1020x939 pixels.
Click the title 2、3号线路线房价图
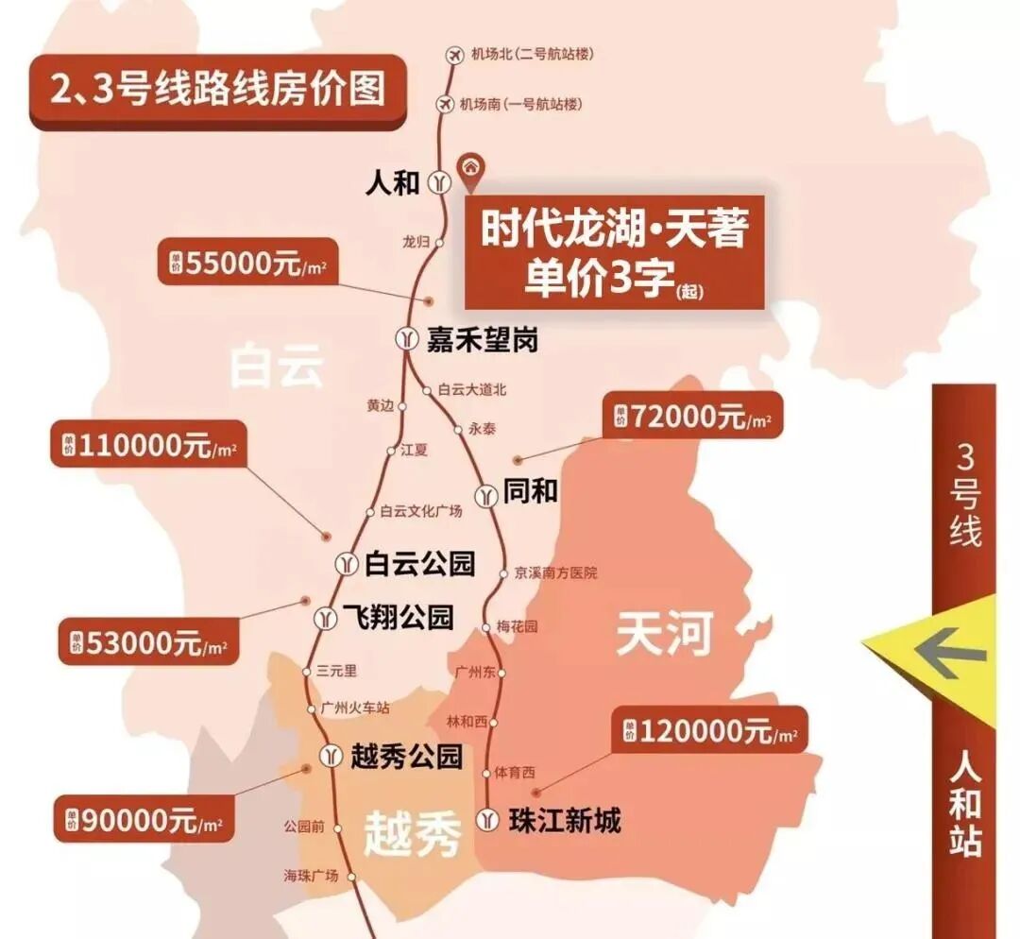[x=218, y=92]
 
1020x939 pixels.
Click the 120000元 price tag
[x=709, y=731]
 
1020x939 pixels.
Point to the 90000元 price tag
[x=144, y=820]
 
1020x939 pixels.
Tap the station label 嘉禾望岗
[x=482, y=339]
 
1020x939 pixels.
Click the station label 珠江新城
[x=564, y=820]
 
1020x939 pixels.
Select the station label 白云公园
[x=419, y=565]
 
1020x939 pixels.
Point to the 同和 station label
[x=531, y=492]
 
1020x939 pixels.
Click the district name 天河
[x=663, y=633]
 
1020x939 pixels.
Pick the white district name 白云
[x=277, y=366]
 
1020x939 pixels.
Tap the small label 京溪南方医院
[x=555, y=572]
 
